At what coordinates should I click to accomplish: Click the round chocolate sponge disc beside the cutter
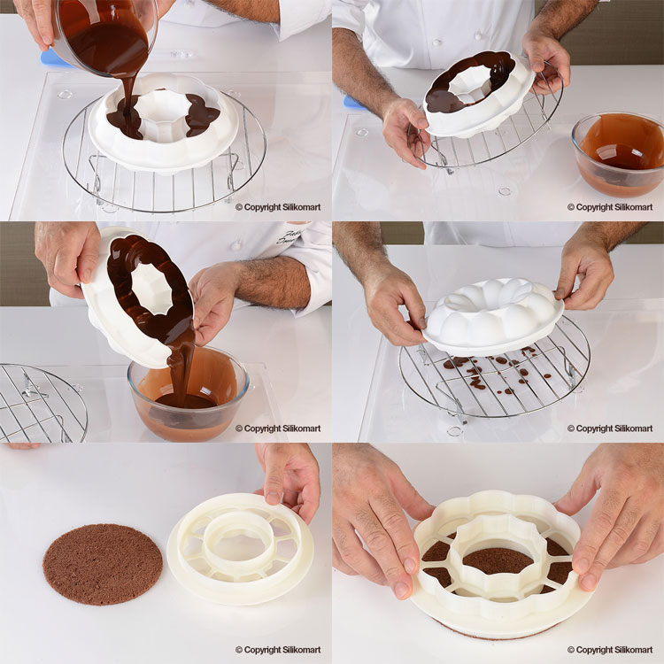point(103,564)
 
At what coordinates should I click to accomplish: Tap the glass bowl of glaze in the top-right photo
point(619,154)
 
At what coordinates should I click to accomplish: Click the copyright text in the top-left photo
point(278,207)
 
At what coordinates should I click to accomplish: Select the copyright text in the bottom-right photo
point(610,650)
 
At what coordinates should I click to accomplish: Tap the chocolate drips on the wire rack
point(491,373)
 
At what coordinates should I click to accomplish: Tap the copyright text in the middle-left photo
point(278,429)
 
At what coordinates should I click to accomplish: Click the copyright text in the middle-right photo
point(610,429)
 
